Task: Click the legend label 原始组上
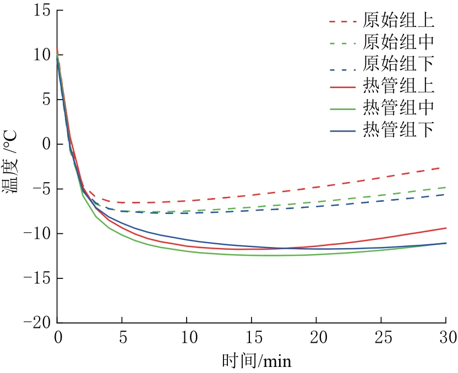coord(399,21)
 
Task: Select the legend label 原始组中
coord(399,42)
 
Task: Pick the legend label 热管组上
coord(399,86)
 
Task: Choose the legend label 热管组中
coord(399,108)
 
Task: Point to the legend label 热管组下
coord(399,129)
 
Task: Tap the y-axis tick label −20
coord(35,323)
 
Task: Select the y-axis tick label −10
coord(35,234)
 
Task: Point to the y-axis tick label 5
coord(46,100)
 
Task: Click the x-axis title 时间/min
coord(256,361)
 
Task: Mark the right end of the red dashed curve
coord(445,166)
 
